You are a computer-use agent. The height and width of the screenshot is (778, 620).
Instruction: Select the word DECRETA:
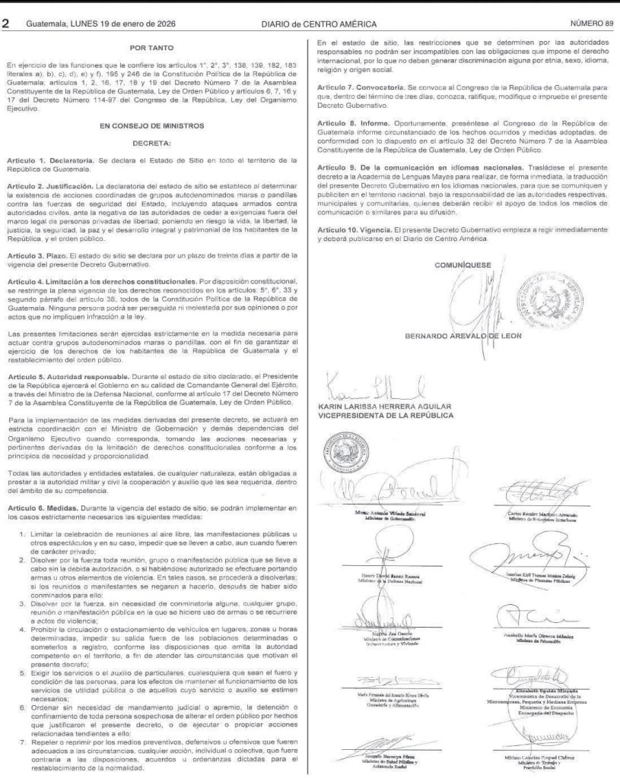tap(154, 142)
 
